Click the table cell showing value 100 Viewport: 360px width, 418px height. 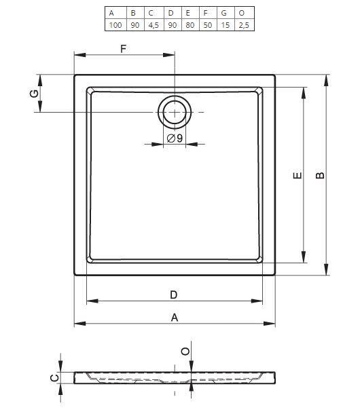(115, 25)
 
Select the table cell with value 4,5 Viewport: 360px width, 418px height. (154, 25)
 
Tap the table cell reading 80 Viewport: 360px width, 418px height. (190, 25)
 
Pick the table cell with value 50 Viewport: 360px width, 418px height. (208, 25)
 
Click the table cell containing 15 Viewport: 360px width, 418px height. (226, 25)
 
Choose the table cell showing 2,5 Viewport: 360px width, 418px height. (244, 25)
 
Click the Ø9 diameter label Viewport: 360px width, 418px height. (175, 138)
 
